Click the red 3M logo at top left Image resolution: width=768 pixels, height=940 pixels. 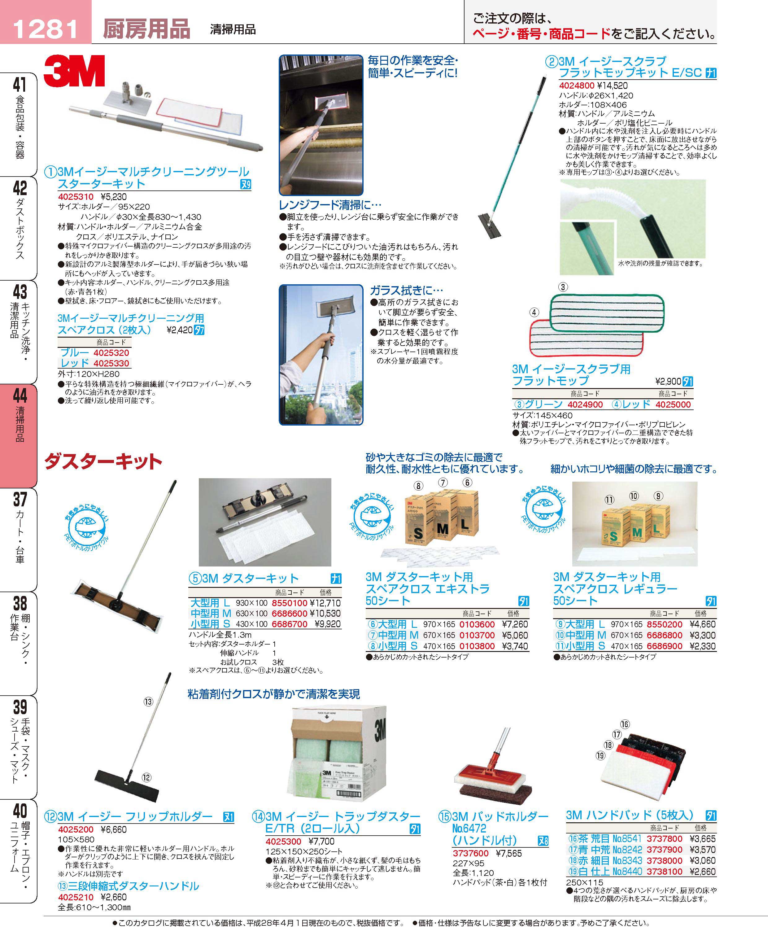[x=74, y=71]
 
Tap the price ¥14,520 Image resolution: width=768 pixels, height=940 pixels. [x=612, y=86]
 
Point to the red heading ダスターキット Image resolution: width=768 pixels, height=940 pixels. [x=103, y=461]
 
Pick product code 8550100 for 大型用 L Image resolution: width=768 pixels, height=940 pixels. [x=289, y=603]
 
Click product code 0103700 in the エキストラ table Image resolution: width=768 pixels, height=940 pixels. [x=477, y=636]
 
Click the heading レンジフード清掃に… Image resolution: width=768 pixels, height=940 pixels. [x=330, y=205]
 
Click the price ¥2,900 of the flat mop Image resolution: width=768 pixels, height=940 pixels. [x=668, y=381]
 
